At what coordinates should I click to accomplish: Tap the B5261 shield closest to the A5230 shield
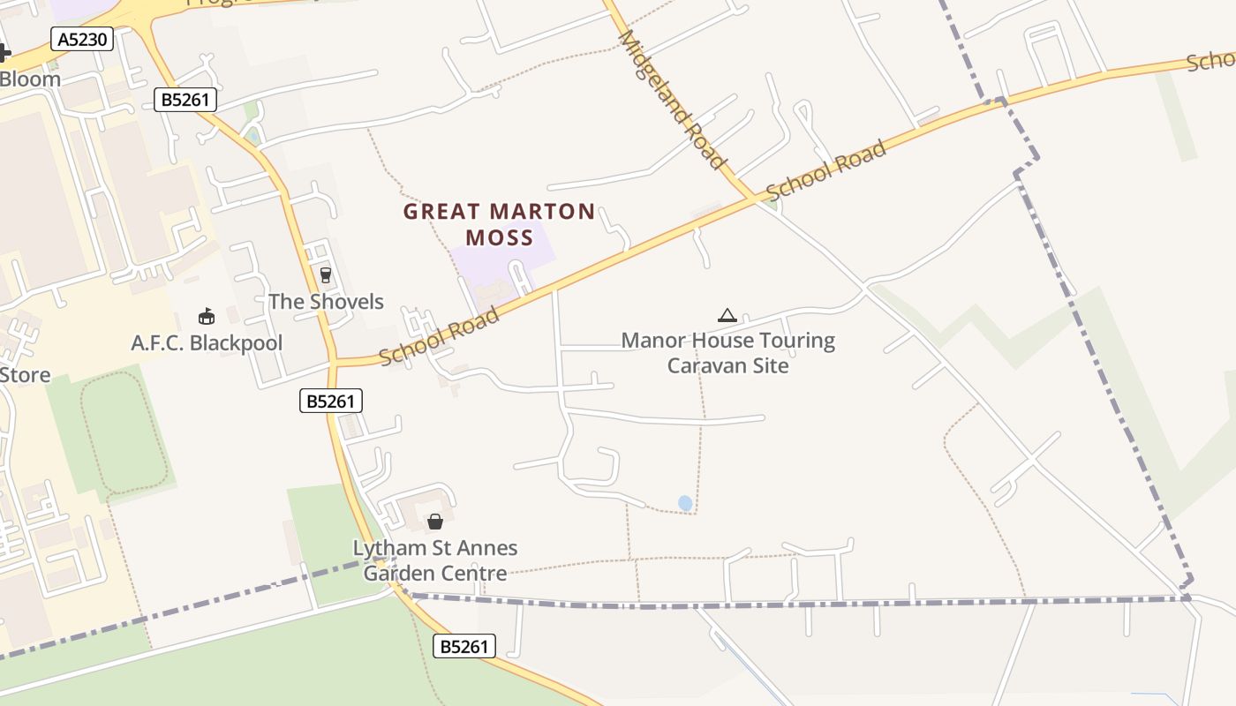tap(185, 100)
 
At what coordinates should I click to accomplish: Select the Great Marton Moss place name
tap(499, 224)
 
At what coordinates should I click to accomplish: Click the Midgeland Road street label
tap(672, 100)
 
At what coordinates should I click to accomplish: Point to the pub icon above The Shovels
tap(325, 275)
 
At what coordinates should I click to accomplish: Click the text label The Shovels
tap(326, 302)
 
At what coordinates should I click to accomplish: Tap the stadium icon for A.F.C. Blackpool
tap(207, 316)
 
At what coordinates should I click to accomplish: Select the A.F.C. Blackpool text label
tap(207, 343)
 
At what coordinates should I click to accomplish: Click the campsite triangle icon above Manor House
tap(727, 315)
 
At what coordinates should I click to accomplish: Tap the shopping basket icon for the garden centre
tap(434, 522)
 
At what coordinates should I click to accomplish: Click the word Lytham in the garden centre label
tap(386, 548)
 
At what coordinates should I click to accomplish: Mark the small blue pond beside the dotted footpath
tap(685, 503)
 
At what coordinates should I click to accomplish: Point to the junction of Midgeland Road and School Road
tap(755, 199)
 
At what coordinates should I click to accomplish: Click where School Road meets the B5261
tap(335, 362)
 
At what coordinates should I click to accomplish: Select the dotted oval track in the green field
tap(124, 431)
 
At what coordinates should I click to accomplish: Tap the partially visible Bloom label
tap(30, 79)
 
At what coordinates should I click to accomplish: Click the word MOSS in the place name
tap(500, 238)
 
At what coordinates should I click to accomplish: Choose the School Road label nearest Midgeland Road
tap(825, 170)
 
